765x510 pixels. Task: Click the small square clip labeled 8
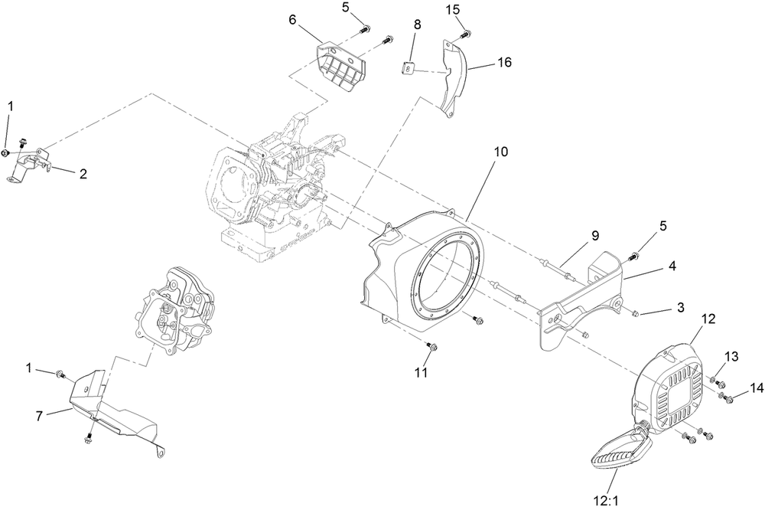coord(410,69)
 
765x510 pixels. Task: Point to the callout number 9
coord(593,236)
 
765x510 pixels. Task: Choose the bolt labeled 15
coord(466,33)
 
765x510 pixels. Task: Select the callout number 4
coord(672,266)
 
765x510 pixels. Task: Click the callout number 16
coord(503,61)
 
